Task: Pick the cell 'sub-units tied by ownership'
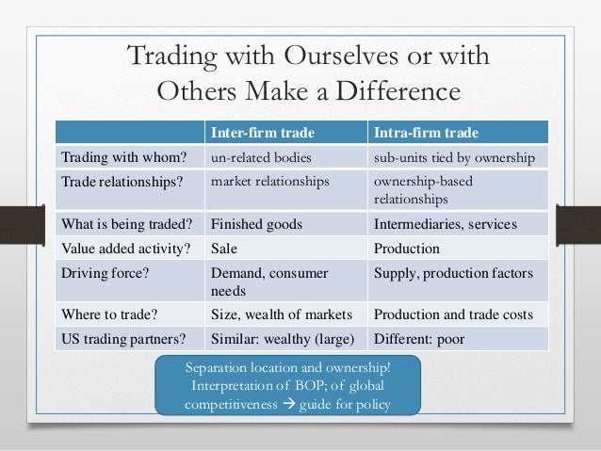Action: click(453, 155)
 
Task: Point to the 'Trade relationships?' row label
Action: click(121, 182)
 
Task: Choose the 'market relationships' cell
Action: click(269, 182)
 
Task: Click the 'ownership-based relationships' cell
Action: click(423, 190)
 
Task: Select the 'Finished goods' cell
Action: click(255, 224)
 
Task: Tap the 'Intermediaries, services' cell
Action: click(441, 224)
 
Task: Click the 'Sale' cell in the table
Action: click(224, 250)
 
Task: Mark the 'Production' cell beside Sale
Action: click(407, 250)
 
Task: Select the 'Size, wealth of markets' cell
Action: click(281, 314)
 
